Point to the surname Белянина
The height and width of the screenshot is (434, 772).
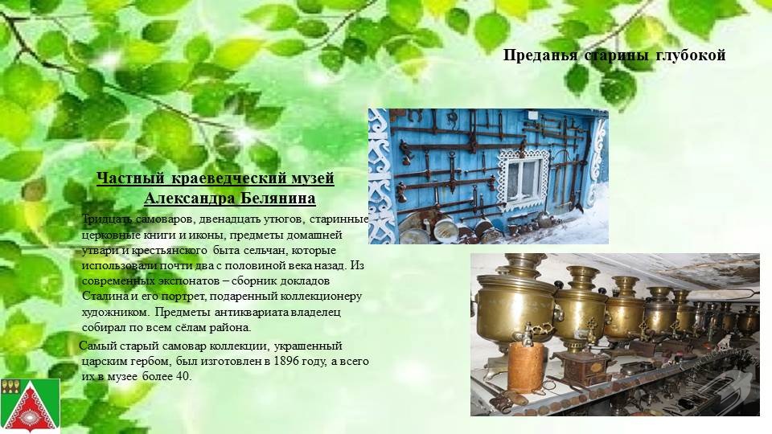[x=278, y=199]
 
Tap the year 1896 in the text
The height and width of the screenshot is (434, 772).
[x=286, y=361]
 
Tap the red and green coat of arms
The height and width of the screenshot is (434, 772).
[x=31, y=405]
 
